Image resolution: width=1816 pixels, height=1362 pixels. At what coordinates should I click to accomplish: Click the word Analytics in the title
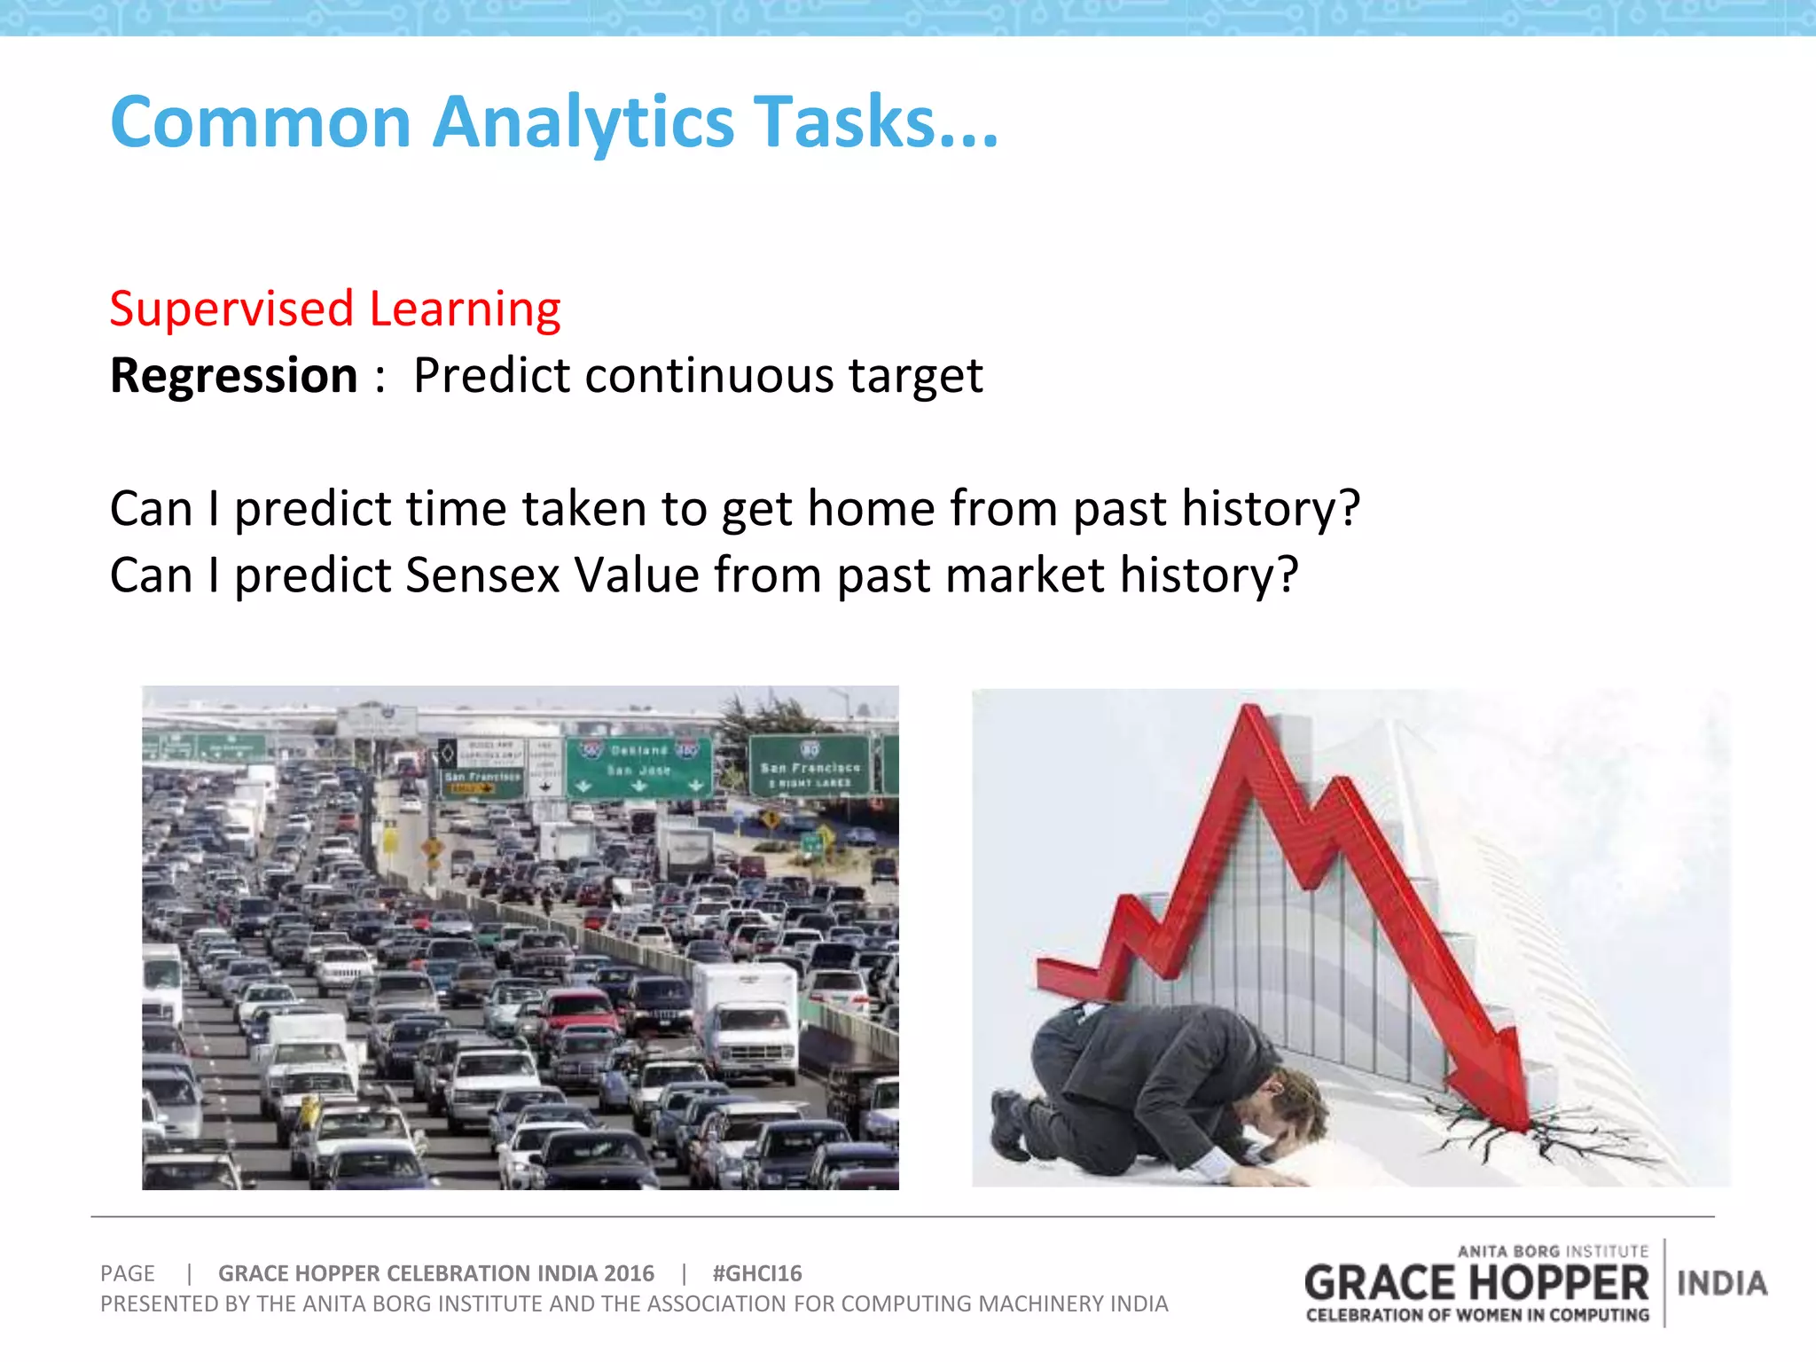click(583, 122)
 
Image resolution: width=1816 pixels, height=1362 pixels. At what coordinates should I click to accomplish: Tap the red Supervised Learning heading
click(334, 309)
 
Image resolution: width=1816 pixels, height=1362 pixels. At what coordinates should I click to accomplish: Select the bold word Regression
click(233, 376)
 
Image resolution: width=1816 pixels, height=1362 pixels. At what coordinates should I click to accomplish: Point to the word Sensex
click(482, 575)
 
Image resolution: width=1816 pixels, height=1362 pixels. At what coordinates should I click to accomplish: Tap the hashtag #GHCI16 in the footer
click(756, 1273)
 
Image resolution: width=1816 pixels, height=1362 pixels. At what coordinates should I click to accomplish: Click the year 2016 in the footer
click(629, 1273)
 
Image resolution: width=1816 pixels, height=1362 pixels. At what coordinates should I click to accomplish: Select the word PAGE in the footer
click(127, 1273)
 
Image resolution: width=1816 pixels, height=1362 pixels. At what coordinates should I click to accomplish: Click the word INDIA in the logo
click(1721, 1283)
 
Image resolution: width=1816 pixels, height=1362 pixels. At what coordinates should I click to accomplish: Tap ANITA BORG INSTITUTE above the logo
click(1552, 1251)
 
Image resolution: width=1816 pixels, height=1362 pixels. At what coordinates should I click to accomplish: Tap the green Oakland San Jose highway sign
click(638, 764)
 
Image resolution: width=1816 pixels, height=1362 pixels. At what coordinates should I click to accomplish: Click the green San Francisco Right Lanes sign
click(809, 764)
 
